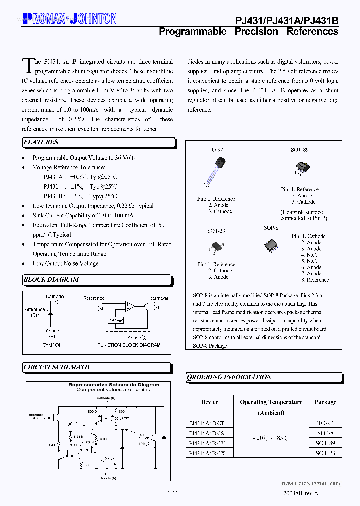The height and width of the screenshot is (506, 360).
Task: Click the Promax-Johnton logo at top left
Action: (x=69, y=19)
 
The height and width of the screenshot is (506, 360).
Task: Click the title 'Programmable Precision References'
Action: (x=248, y=31)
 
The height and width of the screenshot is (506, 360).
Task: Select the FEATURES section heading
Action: (x=41, y=142)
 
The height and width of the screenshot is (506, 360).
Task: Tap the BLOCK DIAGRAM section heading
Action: (x=51, y=280)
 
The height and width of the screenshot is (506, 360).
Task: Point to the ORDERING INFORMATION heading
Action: (x=229, y=377)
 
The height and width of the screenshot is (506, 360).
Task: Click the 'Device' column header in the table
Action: (x=210, y=402)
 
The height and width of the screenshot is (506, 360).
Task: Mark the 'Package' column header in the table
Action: (x=325, y=402)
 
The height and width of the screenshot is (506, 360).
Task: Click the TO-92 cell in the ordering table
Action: (x=325, y=423)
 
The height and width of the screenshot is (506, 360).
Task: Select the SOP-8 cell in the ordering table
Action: (x=325, y=433)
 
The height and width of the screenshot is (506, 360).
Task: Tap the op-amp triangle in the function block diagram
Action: (x=130, y=306)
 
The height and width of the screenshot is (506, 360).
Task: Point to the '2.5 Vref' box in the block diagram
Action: (x=116, y=320)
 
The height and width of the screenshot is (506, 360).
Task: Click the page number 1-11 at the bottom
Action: (x=173, y=493)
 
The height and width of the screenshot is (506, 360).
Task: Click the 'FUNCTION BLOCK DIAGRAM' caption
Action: (x=129, y=345)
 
